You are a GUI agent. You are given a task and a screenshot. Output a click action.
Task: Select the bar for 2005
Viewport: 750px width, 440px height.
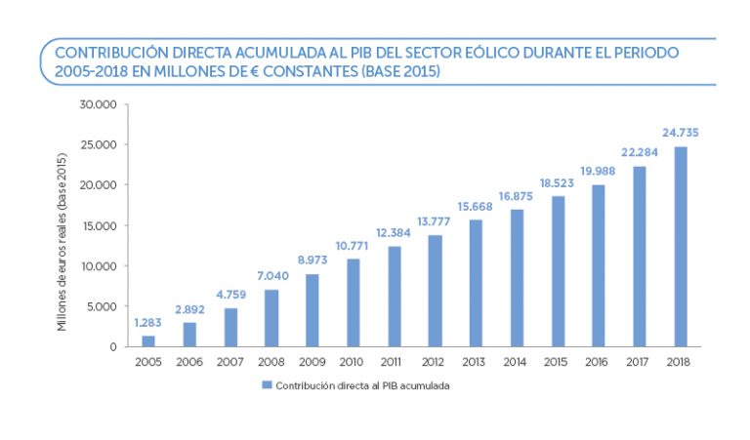click(148, 340)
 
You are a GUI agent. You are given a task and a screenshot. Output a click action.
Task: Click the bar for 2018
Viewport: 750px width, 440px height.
click(681, 246)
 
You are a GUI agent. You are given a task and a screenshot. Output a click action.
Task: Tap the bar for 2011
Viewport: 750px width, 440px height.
click(395, 296)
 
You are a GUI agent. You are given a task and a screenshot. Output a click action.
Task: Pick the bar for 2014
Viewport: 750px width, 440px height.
click(517, 277)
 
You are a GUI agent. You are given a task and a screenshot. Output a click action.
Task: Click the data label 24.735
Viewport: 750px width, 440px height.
click(681, 133)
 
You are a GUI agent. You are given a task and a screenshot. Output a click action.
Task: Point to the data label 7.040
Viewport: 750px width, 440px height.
click(271, 276)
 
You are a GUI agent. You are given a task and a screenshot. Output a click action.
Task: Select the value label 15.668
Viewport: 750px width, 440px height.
click(476, 206)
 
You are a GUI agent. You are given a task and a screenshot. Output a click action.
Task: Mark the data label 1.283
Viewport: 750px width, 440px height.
click(148, 323)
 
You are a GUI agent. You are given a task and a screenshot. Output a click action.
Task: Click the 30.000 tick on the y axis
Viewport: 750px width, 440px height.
click(100, 104)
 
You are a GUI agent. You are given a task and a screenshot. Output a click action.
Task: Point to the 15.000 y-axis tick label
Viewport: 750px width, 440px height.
click(100, 225)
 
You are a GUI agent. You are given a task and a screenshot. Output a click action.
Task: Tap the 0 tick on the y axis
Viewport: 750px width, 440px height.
click(113, 346)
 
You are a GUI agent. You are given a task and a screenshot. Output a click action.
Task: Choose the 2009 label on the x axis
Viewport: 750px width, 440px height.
click(312, 362)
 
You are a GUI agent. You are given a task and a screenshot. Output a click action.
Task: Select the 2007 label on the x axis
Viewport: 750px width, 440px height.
click(230, 362)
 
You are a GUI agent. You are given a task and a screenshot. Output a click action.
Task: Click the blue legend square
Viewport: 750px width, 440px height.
click(266, 385)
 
